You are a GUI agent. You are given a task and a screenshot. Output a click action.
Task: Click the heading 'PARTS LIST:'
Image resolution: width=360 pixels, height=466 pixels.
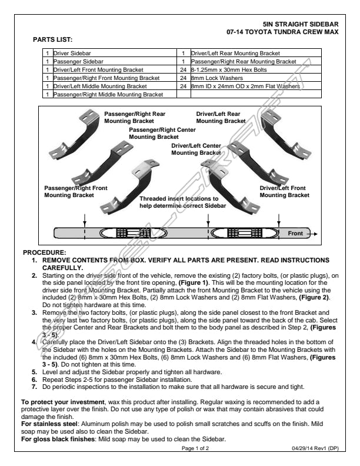52,39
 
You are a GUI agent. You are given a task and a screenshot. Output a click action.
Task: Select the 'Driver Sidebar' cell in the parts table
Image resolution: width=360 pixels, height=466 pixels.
71,53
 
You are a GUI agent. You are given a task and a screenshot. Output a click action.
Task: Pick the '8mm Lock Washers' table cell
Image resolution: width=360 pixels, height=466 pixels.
212,78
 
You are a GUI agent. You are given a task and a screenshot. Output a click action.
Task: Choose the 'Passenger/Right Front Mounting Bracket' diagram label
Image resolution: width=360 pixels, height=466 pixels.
76,191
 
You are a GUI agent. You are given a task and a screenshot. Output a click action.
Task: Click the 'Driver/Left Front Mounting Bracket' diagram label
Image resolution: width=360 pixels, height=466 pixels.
284,191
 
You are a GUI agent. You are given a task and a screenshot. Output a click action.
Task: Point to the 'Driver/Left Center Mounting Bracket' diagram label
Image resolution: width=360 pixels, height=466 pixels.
196,149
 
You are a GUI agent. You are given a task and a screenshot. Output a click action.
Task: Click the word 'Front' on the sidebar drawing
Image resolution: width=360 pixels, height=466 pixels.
295,234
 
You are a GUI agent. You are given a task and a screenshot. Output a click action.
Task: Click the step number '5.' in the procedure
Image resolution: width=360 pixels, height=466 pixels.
34,372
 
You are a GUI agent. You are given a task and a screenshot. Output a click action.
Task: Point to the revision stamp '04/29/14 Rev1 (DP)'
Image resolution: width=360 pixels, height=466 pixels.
315,448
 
